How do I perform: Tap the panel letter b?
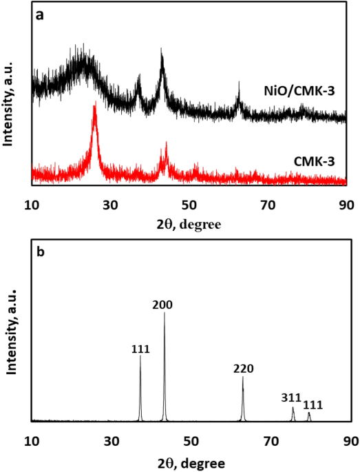coord(41,252)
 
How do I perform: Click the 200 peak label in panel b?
coord(164,303)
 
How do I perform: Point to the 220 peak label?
coord(243,369)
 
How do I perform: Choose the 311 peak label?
coord(291,398)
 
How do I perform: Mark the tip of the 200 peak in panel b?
coord(165,313)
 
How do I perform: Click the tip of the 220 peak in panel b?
coord(242,377)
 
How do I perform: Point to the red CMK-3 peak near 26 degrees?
coord(94,107)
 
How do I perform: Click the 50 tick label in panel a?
coord(190,205)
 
